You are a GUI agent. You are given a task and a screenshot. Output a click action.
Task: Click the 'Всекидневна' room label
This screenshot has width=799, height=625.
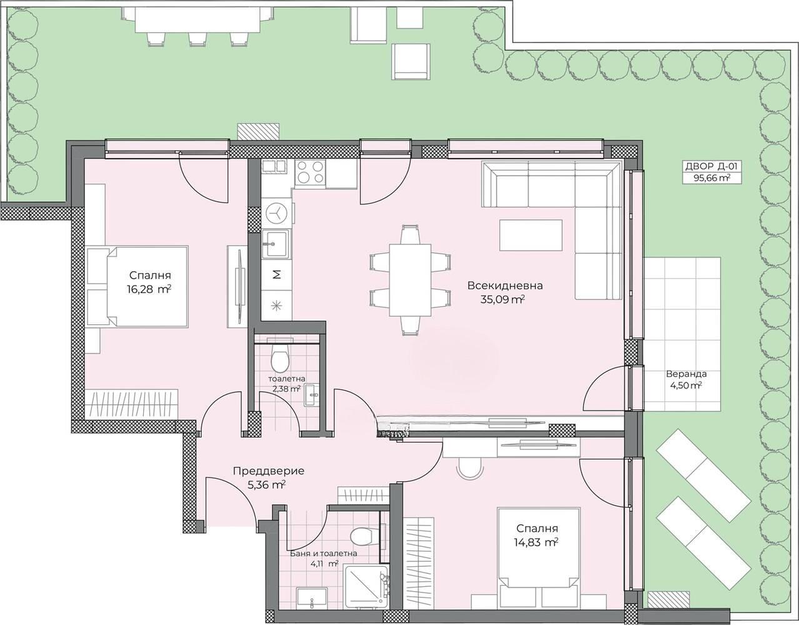[x=505, y=286]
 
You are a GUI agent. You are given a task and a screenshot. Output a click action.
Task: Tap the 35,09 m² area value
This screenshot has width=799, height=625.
[x=502, y=299]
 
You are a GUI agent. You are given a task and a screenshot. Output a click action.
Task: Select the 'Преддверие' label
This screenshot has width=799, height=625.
[x=269, y=471]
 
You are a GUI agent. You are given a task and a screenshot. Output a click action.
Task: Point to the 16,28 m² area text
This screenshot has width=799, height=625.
[x=149, y=289]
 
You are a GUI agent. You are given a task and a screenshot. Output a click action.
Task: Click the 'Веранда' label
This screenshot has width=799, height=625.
[x=686, y=374]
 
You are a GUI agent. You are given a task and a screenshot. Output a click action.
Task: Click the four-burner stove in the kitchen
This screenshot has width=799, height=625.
[x=311, y=172]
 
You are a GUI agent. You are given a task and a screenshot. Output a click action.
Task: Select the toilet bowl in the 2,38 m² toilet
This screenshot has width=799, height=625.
[x=280, y=357]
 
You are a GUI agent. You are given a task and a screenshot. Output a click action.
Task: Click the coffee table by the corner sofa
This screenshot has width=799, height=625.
[x=531, y=235]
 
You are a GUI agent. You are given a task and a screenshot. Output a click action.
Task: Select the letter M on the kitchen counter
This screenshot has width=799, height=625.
[x=278, y=274]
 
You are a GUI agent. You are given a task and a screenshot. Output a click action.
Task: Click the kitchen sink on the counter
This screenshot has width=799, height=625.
[x=276, y=244]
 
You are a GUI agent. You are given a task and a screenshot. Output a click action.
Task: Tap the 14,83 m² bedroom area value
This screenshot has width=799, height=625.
[x=537, y=542]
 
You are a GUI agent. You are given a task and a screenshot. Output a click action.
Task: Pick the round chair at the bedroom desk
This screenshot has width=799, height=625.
[x=470, y=467]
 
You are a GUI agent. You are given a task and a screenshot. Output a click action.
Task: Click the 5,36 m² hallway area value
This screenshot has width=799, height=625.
[x=267, y=485]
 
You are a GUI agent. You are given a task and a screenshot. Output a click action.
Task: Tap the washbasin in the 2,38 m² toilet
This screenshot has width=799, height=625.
[x=312, y=396]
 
